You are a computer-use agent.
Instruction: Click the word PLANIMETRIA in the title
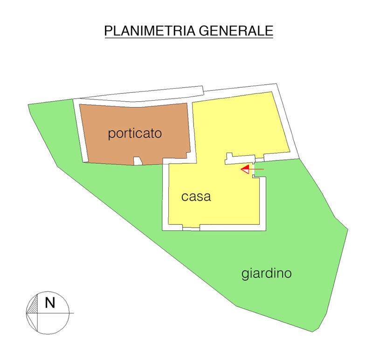pyautogui.click(x=150, y=31)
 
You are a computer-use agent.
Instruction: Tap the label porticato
pyautogui.click(x=135, y=134)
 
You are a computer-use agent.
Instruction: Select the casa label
pyautogui.click(x=196, y=197)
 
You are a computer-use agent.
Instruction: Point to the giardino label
pyautogui.click(x=266, y=273)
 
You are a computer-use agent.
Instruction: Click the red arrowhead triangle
pyautogui.click(x=245, y=169)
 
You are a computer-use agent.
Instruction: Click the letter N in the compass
pyautogui.click(x=50, y=303)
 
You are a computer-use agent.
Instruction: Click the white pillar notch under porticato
pyautogui.click(x=138, y=161)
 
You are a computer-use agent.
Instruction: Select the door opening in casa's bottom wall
pyautogui.click(x=191, y=228)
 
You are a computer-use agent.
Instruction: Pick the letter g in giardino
pyautogui.click(x=245, y=275)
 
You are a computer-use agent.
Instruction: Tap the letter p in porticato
pyautogui.click(x=111, y=135)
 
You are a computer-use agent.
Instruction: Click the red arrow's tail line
pyautogui.click(x=258, y=169)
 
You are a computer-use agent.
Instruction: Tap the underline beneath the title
pyautogui.click(x=188, y=38)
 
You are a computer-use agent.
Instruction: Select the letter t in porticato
pyautogui.click(x=131, y=133)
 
